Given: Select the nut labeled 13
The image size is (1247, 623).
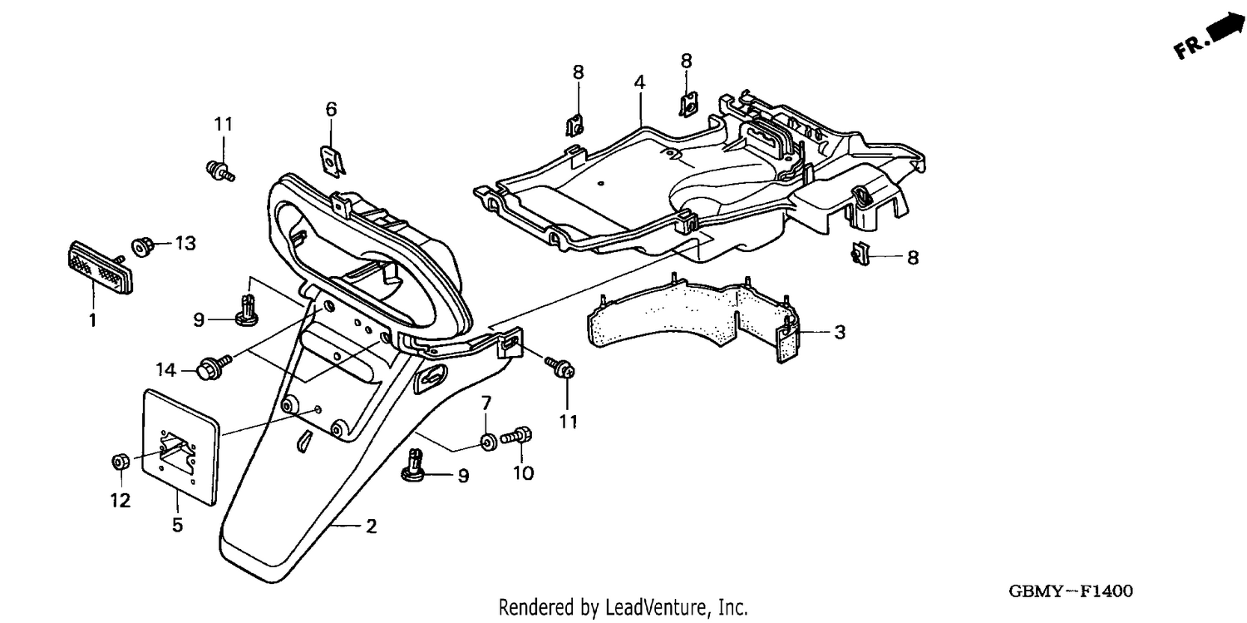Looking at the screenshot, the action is [142, 247].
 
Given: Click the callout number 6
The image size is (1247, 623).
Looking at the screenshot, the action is [331, 109].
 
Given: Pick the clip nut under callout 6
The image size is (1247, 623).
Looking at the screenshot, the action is [333, 161].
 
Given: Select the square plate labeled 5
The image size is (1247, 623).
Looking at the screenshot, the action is [181, 447].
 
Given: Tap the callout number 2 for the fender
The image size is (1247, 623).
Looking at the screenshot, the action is [372, 527].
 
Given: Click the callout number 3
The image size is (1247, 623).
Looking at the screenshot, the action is [840, 332].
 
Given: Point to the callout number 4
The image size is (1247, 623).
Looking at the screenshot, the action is [639, 82].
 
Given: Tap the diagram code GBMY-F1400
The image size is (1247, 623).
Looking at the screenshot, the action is [1071, 591].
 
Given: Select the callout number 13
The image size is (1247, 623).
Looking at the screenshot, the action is [185, 244].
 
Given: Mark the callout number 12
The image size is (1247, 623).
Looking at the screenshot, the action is [121, 501].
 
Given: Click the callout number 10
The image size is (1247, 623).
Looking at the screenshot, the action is [523, 473].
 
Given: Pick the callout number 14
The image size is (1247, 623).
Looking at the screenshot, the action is [166, 369].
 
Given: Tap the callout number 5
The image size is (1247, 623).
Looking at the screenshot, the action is [177, 525].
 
